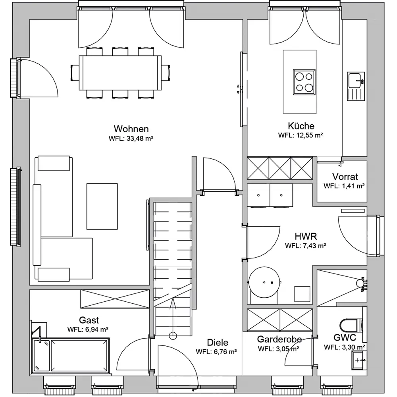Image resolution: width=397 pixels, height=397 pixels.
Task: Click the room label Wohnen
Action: point(131,129)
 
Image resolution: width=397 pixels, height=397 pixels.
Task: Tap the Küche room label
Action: point(301,126)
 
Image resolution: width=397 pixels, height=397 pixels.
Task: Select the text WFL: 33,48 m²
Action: point(131,139)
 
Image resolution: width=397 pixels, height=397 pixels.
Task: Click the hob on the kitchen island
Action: point(304,82)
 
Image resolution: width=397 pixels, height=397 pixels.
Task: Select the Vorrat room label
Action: point(345,177)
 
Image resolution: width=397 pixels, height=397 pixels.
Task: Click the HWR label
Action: point(306,236)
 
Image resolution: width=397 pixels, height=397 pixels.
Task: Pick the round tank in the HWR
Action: point(264,282)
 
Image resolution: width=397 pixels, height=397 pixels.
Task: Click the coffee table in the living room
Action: point(102,206)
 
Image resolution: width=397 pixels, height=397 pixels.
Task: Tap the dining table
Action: point(120,73)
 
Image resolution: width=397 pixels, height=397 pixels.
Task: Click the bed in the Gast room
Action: point(70,355)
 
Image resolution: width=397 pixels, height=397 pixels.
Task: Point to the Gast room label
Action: point(89,320)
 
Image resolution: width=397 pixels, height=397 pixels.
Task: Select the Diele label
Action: point(218,342)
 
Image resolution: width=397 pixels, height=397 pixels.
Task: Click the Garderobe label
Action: point(279,339)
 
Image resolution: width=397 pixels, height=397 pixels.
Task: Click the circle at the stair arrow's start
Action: point(173,336)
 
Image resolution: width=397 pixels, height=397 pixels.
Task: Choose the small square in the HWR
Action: point(302,294)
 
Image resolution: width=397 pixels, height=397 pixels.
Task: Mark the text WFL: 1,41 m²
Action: point(344,186)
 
